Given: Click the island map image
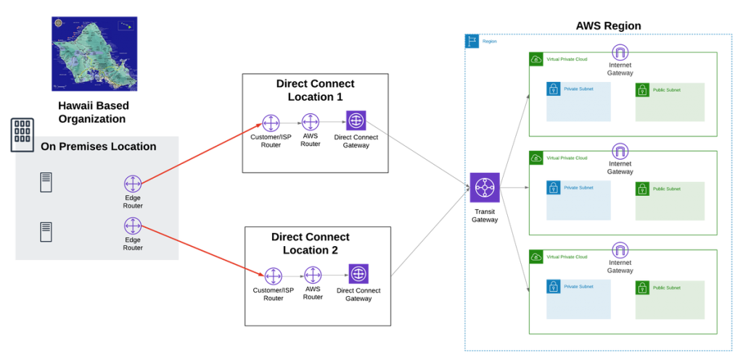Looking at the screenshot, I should (x=94, y=54).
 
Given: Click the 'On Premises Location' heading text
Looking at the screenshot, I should (x=98, y=147).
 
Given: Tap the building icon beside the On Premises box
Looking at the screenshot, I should (x=22, y=134).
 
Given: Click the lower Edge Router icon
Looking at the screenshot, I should (x=133, y=226).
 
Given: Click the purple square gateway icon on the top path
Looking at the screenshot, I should (x=356, y=120).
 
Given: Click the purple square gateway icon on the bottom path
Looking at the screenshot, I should (x=358, y=274).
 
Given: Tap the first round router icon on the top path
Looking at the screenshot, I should (x=271, y=123).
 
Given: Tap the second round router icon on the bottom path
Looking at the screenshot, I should (x=313, y=275).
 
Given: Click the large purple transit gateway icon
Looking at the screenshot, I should (x=484, y=188).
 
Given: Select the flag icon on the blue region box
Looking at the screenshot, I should (x=472, y=41).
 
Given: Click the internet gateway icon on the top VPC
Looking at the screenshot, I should (x=620, y=52).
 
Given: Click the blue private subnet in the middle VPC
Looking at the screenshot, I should (x=578, y=200).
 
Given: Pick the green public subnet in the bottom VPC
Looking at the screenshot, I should (x=670, y=299).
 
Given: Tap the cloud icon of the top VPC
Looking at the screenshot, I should (x=536, y=60).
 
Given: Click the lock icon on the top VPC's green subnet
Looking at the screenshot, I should (x=643, y=90).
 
